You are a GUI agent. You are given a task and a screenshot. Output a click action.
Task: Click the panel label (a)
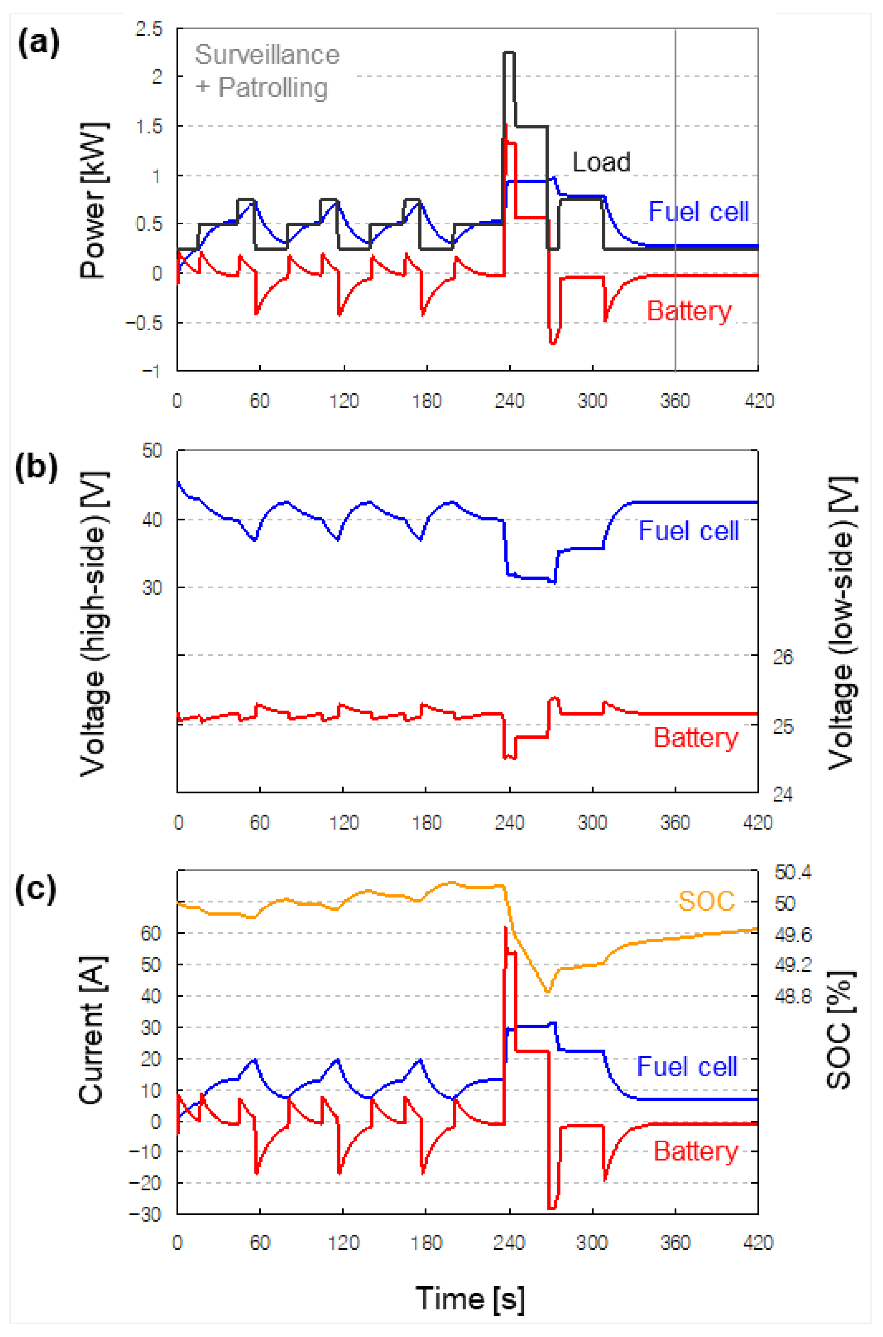38,43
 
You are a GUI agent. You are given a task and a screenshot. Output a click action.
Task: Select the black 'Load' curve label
601,162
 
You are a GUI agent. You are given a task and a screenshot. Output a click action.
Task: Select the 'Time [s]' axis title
470,1299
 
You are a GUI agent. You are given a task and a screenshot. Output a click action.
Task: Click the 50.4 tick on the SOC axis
793,872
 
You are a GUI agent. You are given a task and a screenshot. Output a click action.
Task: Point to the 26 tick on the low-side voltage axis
783,657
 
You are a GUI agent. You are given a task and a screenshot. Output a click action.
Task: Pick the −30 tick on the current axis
144,1214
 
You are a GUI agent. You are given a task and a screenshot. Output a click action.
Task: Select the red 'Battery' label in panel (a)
689,311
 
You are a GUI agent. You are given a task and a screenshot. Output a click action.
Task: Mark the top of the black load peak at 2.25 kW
508,52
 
